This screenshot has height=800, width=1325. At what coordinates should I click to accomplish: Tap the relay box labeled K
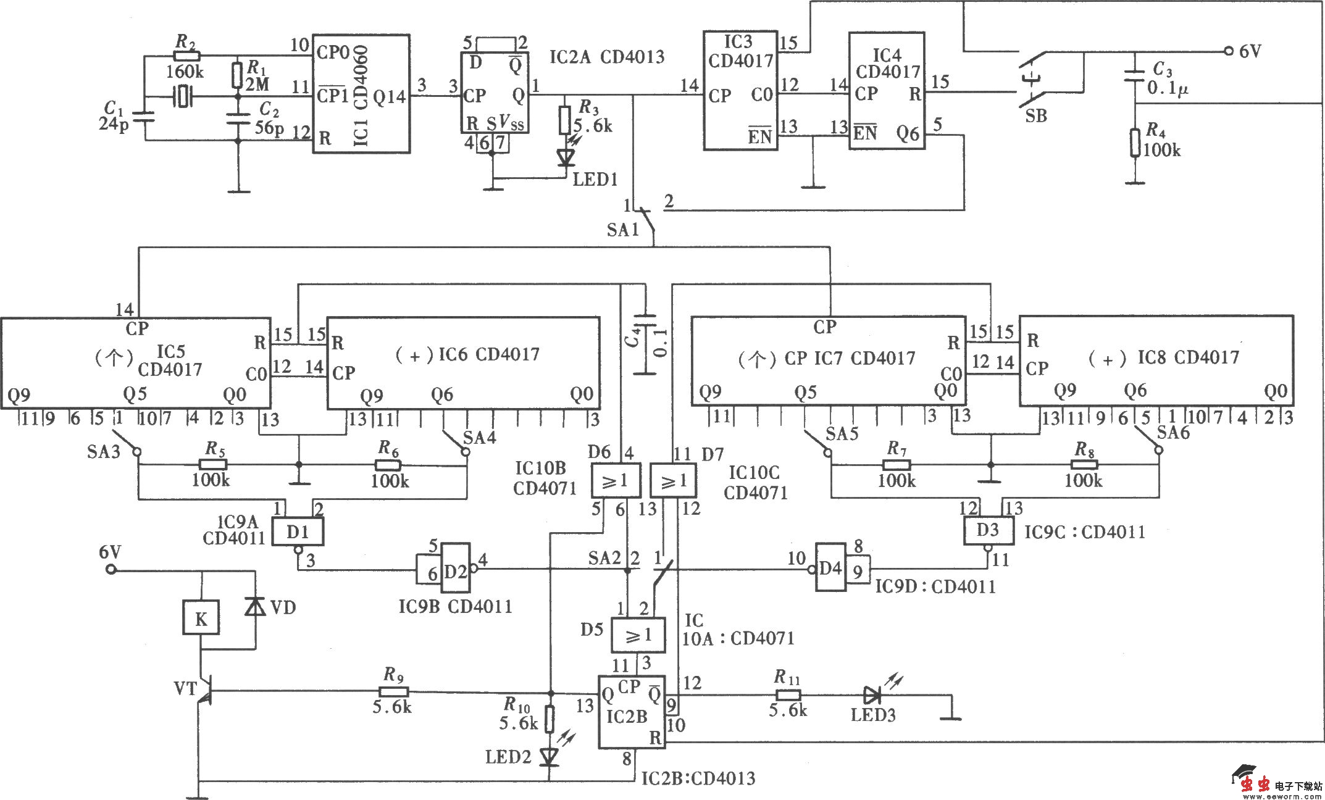[201, 618]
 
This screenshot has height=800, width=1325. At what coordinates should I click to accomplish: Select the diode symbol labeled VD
[255, 606]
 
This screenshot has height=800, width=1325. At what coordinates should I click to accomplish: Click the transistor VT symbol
[204, 691]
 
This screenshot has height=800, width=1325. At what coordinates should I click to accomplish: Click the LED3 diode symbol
[872, 696]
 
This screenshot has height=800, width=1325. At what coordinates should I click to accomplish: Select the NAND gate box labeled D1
[298, 531]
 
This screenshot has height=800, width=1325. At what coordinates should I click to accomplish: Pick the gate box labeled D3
[989, 530]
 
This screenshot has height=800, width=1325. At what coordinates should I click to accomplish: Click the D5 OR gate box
[638, 635]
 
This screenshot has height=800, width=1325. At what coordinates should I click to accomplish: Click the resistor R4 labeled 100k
[1135, 143]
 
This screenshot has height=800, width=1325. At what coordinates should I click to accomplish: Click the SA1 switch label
[622, 230]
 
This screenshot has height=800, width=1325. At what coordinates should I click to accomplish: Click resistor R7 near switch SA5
[897, 464]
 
